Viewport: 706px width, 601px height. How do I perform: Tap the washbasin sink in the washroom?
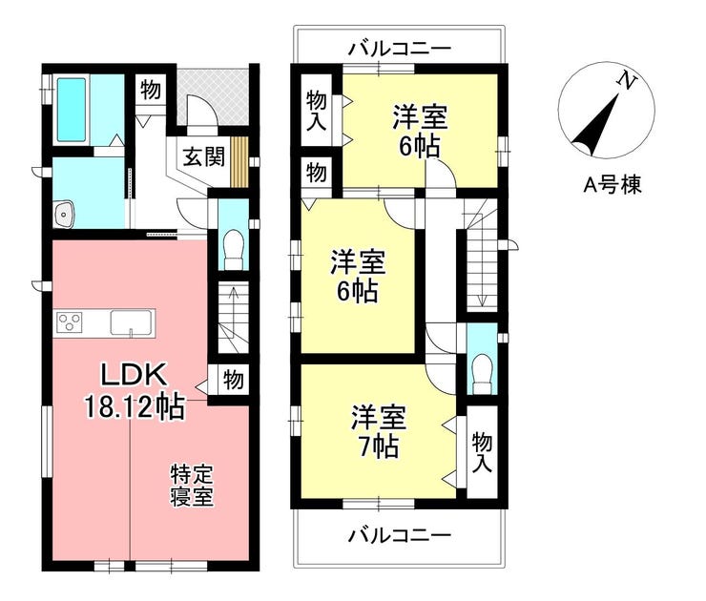[x=65, y=215]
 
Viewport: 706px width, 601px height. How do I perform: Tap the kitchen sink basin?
[x=131, y=322]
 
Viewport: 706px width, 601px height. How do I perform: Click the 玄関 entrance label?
[x=203, y=157]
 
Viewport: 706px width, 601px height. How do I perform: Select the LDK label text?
[x=134, y=375]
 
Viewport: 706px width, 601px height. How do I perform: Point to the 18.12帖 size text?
[x=135, y=406]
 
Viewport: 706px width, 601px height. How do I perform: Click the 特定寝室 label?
[x=192, y=486]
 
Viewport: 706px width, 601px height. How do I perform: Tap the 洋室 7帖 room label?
[x=379, y=432]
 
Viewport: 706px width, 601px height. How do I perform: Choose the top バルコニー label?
[x=400, y=48]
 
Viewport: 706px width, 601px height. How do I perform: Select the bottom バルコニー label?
[x=400, y=535]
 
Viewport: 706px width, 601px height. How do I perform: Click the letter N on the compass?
[x=626, y=81]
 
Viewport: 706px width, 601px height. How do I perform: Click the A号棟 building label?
[x=612, y=184]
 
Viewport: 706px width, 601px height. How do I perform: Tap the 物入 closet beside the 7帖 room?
[x=482, y=452]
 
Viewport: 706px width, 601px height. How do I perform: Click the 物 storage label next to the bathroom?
[x=151, y=90]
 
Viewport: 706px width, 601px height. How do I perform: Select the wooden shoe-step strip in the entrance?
[x=239, y=161]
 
